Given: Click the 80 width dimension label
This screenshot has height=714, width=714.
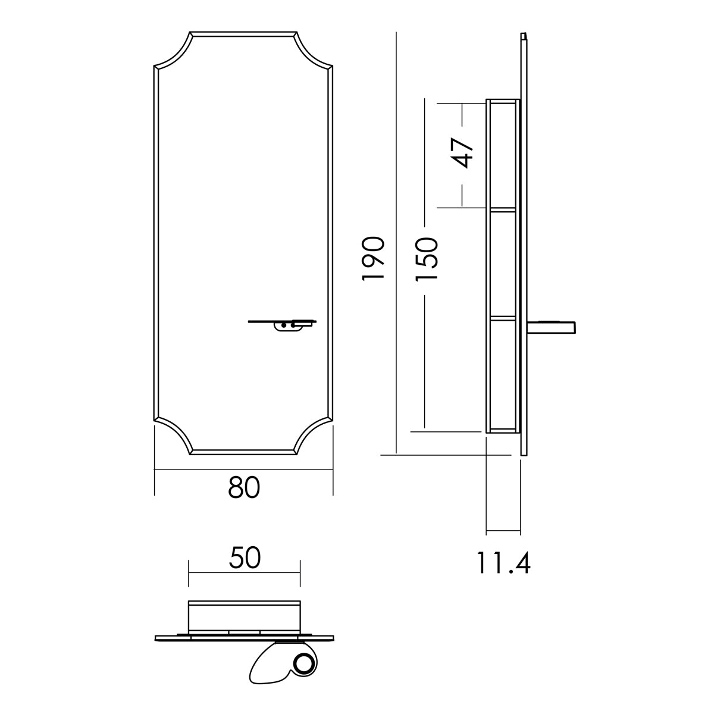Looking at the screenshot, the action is pyautogui.click(x=244, y=488).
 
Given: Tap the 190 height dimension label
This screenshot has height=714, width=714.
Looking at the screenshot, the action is pyautogui.click(x=373, y=258).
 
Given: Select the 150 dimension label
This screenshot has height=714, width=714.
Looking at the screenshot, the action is pyautogui.click(x=427, y=259).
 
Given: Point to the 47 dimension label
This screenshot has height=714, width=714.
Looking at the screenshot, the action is pyautogui.click(x=462, y=154).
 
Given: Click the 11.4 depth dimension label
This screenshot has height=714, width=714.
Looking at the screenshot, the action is pyautogui.click(x=503, y=563).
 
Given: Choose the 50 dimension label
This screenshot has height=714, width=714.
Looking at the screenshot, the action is pyautogui.click(x=245, y=558).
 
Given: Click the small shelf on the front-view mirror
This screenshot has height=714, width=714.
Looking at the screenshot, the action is pyautogui.click(x=283, y=324).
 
